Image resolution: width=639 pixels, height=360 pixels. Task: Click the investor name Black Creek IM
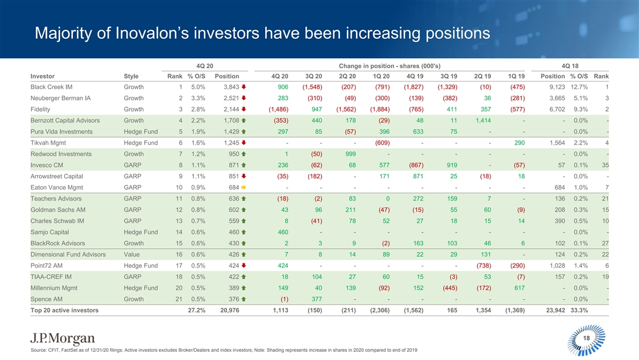pyautogui.click(x=52, y=87)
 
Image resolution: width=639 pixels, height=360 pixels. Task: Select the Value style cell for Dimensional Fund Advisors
pyautogui.click(x=132, y=254)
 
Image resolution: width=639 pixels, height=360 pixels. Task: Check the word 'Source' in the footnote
pyautogui.click(x=40, y=351)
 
